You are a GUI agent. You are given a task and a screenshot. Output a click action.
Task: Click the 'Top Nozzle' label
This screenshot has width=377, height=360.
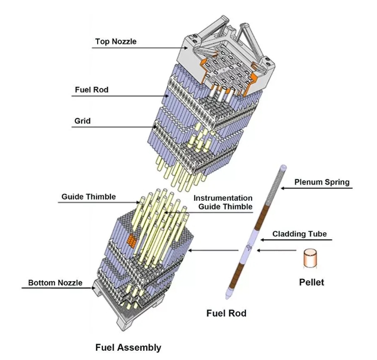click(116, 41)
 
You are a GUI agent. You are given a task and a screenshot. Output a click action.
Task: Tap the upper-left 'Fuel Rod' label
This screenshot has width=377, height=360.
click(92, 90)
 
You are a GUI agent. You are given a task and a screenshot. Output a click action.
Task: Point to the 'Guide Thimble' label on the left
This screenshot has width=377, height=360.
click(89, 197)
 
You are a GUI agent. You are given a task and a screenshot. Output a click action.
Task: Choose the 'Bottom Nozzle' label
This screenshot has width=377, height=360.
click(55, 283)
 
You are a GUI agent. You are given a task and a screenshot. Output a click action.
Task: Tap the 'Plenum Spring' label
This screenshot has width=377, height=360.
click(322, 183)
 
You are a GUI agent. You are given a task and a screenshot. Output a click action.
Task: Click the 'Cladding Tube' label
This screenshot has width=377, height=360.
click(299, 235)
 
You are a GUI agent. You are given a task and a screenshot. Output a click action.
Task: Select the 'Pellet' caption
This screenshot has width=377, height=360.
click(311, 282)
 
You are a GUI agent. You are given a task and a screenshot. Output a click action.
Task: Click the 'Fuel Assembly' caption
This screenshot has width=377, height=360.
click(128, 347)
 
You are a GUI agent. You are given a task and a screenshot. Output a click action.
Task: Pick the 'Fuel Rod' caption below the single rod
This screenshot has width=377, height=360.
click(226, 314)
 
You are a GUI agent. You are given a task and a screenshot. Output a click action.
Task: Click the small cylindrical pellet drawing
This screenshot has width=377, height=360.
click(311, 258)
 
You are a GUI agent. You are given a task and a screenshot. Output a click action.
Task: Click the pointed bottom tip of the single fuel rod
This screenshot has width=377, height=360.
click(229, 297)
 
